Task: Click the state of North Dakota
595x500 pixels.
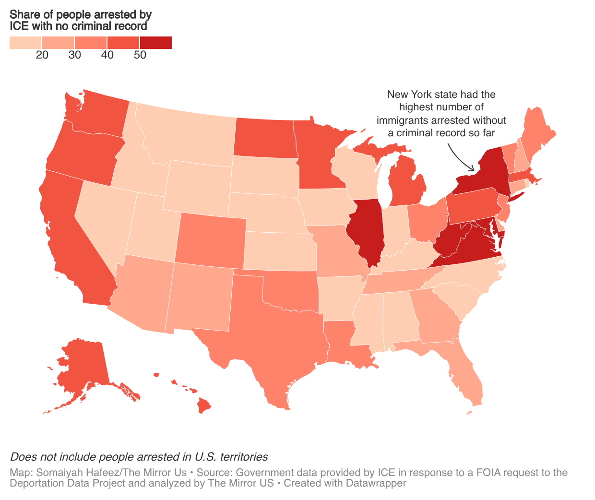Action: [x=264, y=137]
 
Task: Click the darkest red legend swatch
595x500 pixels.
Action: [x=155, y=43]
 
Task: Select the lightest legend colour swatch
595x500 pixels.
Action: [x=25, y=43]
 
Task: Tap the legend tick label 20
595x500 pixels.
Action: [x=42, y=55]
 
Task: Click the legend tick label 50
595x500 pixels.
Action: [x=140, y=55]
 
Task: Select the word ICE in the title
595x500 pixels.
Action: [x=19, y=26]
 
